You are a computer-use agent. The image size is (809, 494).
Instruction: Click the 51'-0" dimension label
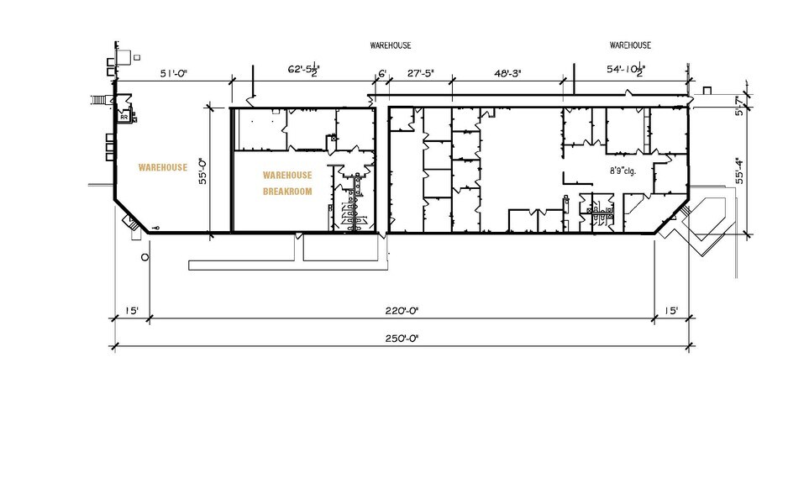174,74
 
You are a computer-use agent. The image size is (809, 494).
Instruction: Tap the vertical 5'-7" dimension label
739,108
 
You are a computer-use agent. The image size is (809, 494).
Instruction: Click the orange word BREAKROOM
287,192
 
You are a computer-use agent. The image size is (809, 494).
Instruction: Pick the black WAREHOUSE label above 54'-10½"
630,45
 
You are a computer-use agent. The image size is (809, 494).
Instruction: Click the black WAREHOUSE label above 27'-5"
391,45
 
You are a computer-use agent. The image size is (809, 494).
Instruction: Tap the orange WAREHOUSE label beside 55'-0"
163,167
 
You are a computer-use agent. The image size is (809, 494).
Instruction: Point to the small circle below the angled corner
144,256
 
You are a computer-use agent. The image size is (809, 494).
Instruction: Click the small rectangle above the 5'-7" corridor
707,91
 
